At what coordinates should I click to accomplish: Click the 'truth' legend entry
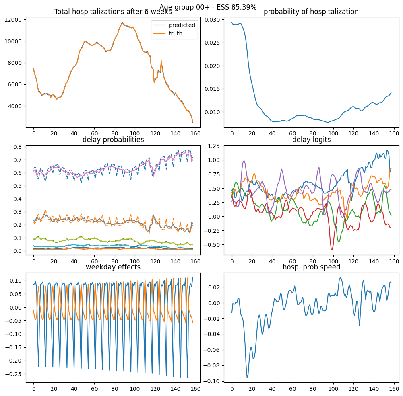[x=176, y=33]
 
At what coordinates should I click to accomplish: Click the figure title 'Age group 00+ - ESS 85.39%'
[x=208, y=7]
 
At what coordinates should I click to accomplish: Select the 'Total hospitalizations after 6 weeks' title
[x=113, y=12]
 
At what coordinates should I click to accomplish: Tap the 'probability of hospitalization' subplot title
[x=311, y=12]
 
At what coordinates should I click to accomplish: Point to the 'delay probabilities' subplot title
[x=113, y=140]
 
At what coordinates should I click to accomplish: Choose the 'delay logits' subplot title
[x=311, y=140]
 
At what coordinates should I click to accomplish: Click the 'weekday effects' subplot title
[x=113, y=267]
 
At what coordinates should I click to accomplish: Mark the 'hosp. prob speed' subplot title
[x=311, y=267]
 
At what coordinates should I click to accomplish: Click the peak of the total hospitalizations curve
[x=122, y=23]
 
